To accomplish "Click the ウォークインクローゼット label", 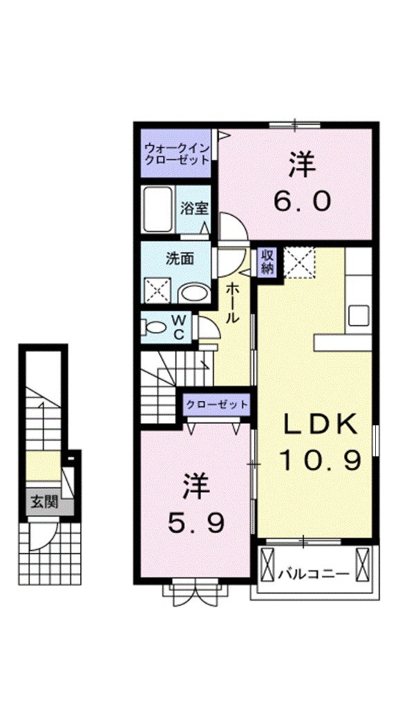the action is [176, 153].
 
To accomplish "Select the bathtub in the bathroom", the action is [158, 209].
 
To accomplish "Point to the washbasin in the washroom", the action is [194, 292].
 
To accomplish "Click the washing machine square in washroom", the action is [158, 290].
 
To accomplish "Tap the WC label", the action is [180, 327].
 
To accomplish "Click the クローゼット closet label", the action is [216, 404].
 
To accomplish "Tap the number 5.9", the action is [196, 523].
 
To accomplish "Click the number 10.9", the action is [321, 460].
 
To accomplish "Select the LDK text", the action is [321, 425].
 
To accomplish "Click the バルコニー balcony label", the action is [314, 575].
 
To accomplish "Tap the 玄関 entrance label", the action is [44, 502].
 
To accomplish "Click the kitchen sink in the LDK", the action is [359, 315].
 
